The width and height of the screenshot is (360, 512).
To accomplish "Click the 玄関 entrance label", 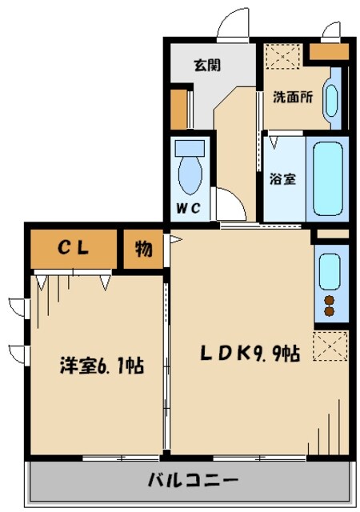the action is (207, 65).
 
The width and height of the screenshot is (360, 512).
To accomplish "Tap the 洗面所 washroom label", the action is (293, 97).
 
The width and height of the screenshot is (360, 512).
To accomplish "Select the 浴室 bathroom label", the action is (283, 178).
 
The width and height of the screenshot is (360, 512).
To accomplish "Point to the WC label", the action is (189, 208).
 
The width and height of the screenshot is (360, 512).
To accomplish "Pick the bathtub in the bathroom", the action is (328, 179).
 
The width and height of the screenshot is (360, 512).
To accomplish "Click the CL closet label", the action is (73, 248).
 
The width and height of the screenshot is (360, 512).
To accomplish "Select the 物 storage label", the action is (144, 249).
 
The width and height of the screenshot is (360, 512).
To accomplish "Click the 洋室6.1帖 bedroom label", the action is (102, 366).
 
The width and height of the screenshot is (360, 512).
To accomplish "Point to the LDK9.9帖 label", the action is (250, 354).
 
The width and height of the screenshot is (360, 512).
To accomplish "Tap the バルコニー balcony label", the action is (193, 480).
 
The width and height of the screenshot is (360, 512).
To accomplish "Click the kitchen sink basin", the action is (330, 272).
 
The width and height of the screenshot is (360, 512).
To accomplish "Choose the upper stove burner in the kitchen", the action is (330, 300).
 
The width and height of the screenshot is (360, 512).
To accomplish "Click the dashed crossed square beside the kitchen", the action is (330, 346).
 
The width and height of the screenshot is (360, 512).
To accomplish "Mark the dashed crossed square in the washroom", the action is (283, 57).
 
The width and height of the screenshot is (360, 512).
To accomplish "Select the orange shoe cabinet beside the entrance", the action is (178, 109).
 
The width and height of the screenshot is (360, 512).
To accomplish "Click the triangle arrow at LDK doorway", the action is (175, 240).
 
